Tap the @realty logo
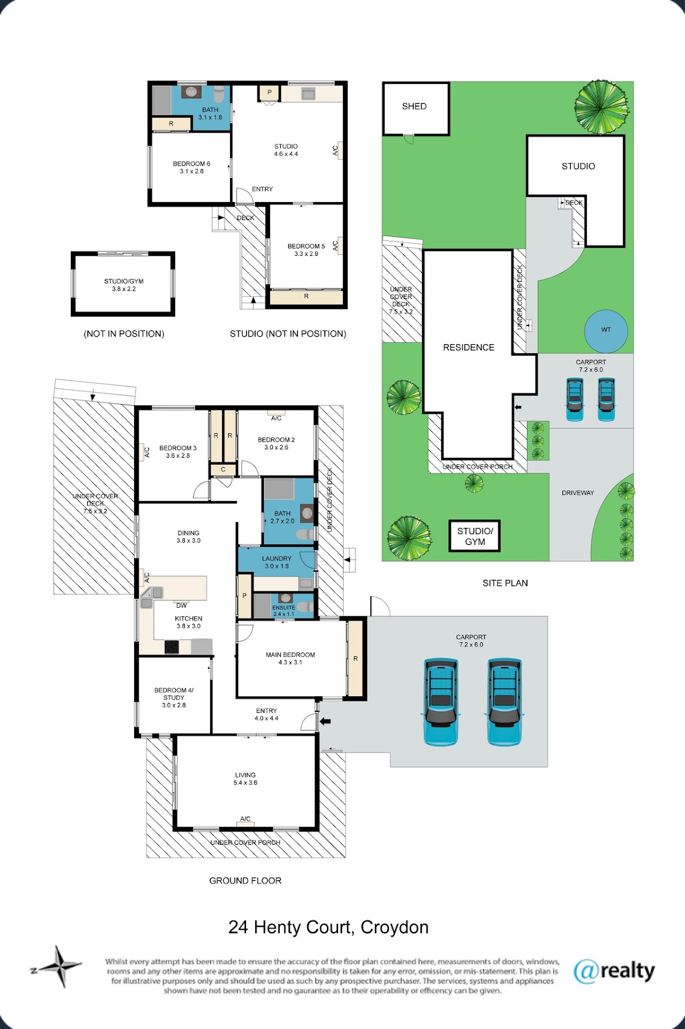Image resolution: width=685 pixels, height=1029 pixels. (614, 971)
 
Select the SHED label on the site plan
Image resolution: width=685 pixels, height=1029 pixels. (414, 106)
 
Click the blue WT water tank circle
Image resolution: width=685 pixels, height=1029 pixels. (606, 330)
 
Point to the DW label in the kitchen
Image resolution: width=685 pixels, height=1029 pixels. (182, 606)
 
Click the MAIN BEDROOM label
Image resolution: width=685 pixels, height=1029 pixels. (291, 655)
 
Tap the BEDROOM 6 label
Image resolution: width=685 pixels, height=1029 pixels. (192, 164)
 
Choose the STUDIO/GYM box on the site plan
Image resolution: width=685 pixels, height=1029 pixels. (475, 536)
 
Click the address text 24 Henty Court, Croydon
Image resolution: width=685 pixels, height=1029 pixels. (328, 927)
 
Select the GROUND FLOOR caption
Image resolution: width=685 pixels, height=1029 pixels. (245, 881)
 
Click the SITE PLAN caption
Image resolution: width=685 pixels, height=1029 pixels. (505, 583)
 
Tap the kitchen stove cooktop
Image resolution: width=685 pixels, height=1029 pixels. (172, 647)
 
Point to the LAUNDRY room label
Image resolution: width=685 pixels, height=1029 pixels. (277, 559)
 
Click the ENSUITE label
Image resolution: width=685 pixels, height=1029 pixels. (284, 608)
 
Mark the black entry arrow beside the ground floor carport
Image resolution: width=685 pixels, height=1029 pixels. (325, 721)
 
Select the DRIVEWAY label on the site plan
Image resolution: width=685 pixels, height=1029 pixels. (578, 493)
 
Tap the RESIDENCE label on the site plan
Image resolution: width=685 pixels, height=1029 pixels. (469, 347)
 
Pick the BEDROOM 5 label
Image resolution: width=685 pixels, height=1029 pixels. (306, 247)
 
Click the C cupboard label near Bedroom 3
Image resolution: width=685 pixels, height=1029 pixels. (223, 470)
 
